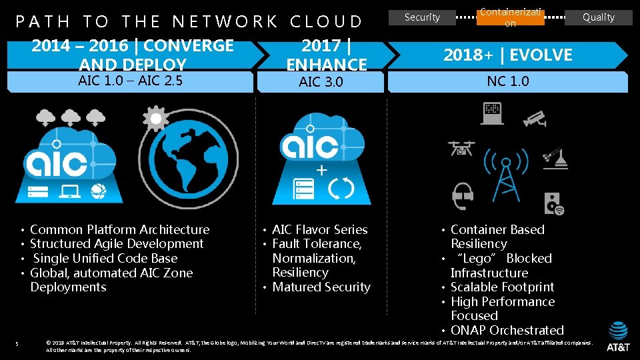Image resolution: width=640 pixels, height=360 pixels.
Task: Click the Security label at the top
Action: pos(422,17)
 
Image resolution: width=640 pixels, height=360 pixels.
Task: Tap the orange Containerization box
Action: pos(510,17)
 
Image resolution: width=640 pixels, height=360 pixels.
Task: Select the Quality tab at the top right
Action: pos(598,17)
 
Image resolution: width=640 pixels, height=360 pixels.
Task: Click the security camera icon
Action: pos(535,118)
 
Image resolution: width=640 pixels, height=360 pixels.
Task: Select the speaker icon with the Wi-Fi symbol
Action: pos(553,203)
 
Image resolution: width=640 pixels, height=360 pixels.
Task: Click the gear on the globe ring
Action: pos(156,119)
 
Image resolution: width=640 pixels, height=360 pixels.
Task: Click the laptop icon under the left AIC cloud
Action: pos(69,192)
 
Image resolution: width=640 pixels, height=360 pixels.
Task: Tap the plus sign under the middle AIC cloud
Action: pos(321,171)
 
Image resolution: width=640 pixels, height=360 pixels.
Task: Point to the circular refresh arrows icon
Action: pos(343,189)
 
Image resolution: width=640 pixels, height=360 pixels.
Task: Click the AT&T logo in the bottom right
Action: pos(617,337)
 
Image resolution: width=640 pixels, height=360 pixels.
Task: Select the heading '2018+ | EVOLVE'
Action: pos(508,55)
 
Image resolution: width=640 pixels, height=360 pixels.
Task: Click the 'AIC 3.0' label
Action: pos(321,82)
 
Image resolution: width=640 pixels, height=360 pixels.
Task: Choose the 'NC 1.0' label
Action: pos(507,81)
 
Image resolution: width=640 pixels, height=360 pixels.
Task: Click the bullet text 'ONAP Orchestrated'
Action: pos(507,330)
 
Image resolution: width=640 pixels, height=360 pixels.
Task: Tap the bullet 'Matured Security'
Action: pos(321,287)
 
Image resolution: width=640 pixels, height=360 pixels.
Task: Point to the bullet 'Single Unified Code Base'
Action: pos(105,259)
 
